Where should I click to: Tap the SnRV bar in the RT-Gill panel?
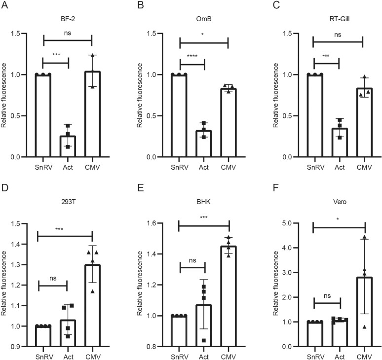pyautogui.click(x=313, y=116)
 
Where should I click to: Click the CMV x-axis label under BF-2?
pyautogui.click(x=93, y=166)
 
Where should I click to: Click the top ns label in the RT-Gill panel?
pyautogui.click(x=338, y=34)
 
